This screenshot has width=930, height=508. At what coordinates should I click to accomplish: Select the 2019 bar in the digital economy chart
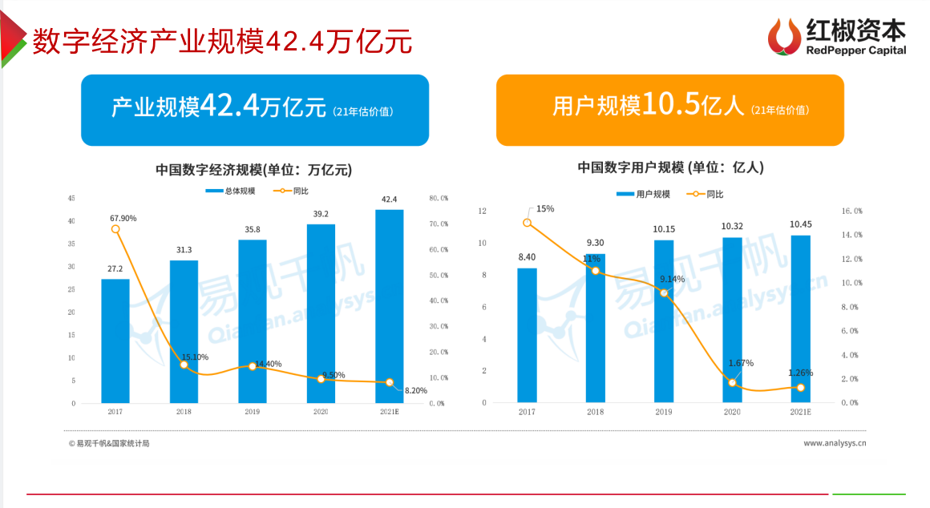tap(252, 321)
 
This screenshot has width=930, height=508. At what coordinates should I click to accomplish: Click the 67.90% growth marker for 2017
tap(115, 229)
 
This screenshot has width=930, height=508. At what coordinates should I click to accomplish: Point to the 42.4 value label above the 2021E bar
tap(390, 200)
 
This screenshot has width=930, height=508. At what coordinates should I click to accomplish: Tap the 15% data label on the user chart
tap(545, 209)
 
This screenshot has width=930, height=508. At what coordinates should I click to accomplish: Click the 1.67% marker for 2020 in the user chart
tap(732, 382)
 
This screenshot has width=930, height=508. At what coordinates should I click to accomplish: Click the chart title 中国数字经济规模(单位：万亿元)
tap(253, 170)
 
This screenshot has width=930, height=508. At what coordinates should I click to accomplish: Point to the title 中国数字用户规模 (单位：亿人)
tap(670, 167)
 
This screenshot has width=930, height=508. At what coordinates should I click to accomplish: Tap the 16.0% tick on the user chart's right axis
tap(851, 211)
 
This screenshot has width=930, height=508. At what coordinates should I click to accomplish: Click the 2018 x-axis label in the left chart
tap(184, 412)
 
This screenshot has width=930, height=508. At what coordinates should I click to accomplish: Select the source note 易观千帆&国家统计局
tap(109, 443)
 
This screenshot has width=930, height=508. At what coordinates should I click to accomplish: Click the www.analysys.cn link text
tap(835, 442)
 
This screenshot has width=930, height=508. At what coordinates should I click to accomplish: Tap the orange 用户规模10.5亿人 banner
tap(669, 110)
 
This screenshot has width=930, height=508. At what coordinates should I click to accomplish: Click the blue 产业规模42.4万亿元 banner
tap(255, 110)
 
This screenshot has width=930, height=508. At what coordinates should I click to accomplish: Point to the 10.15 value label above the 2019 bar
tap(663, 229)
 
